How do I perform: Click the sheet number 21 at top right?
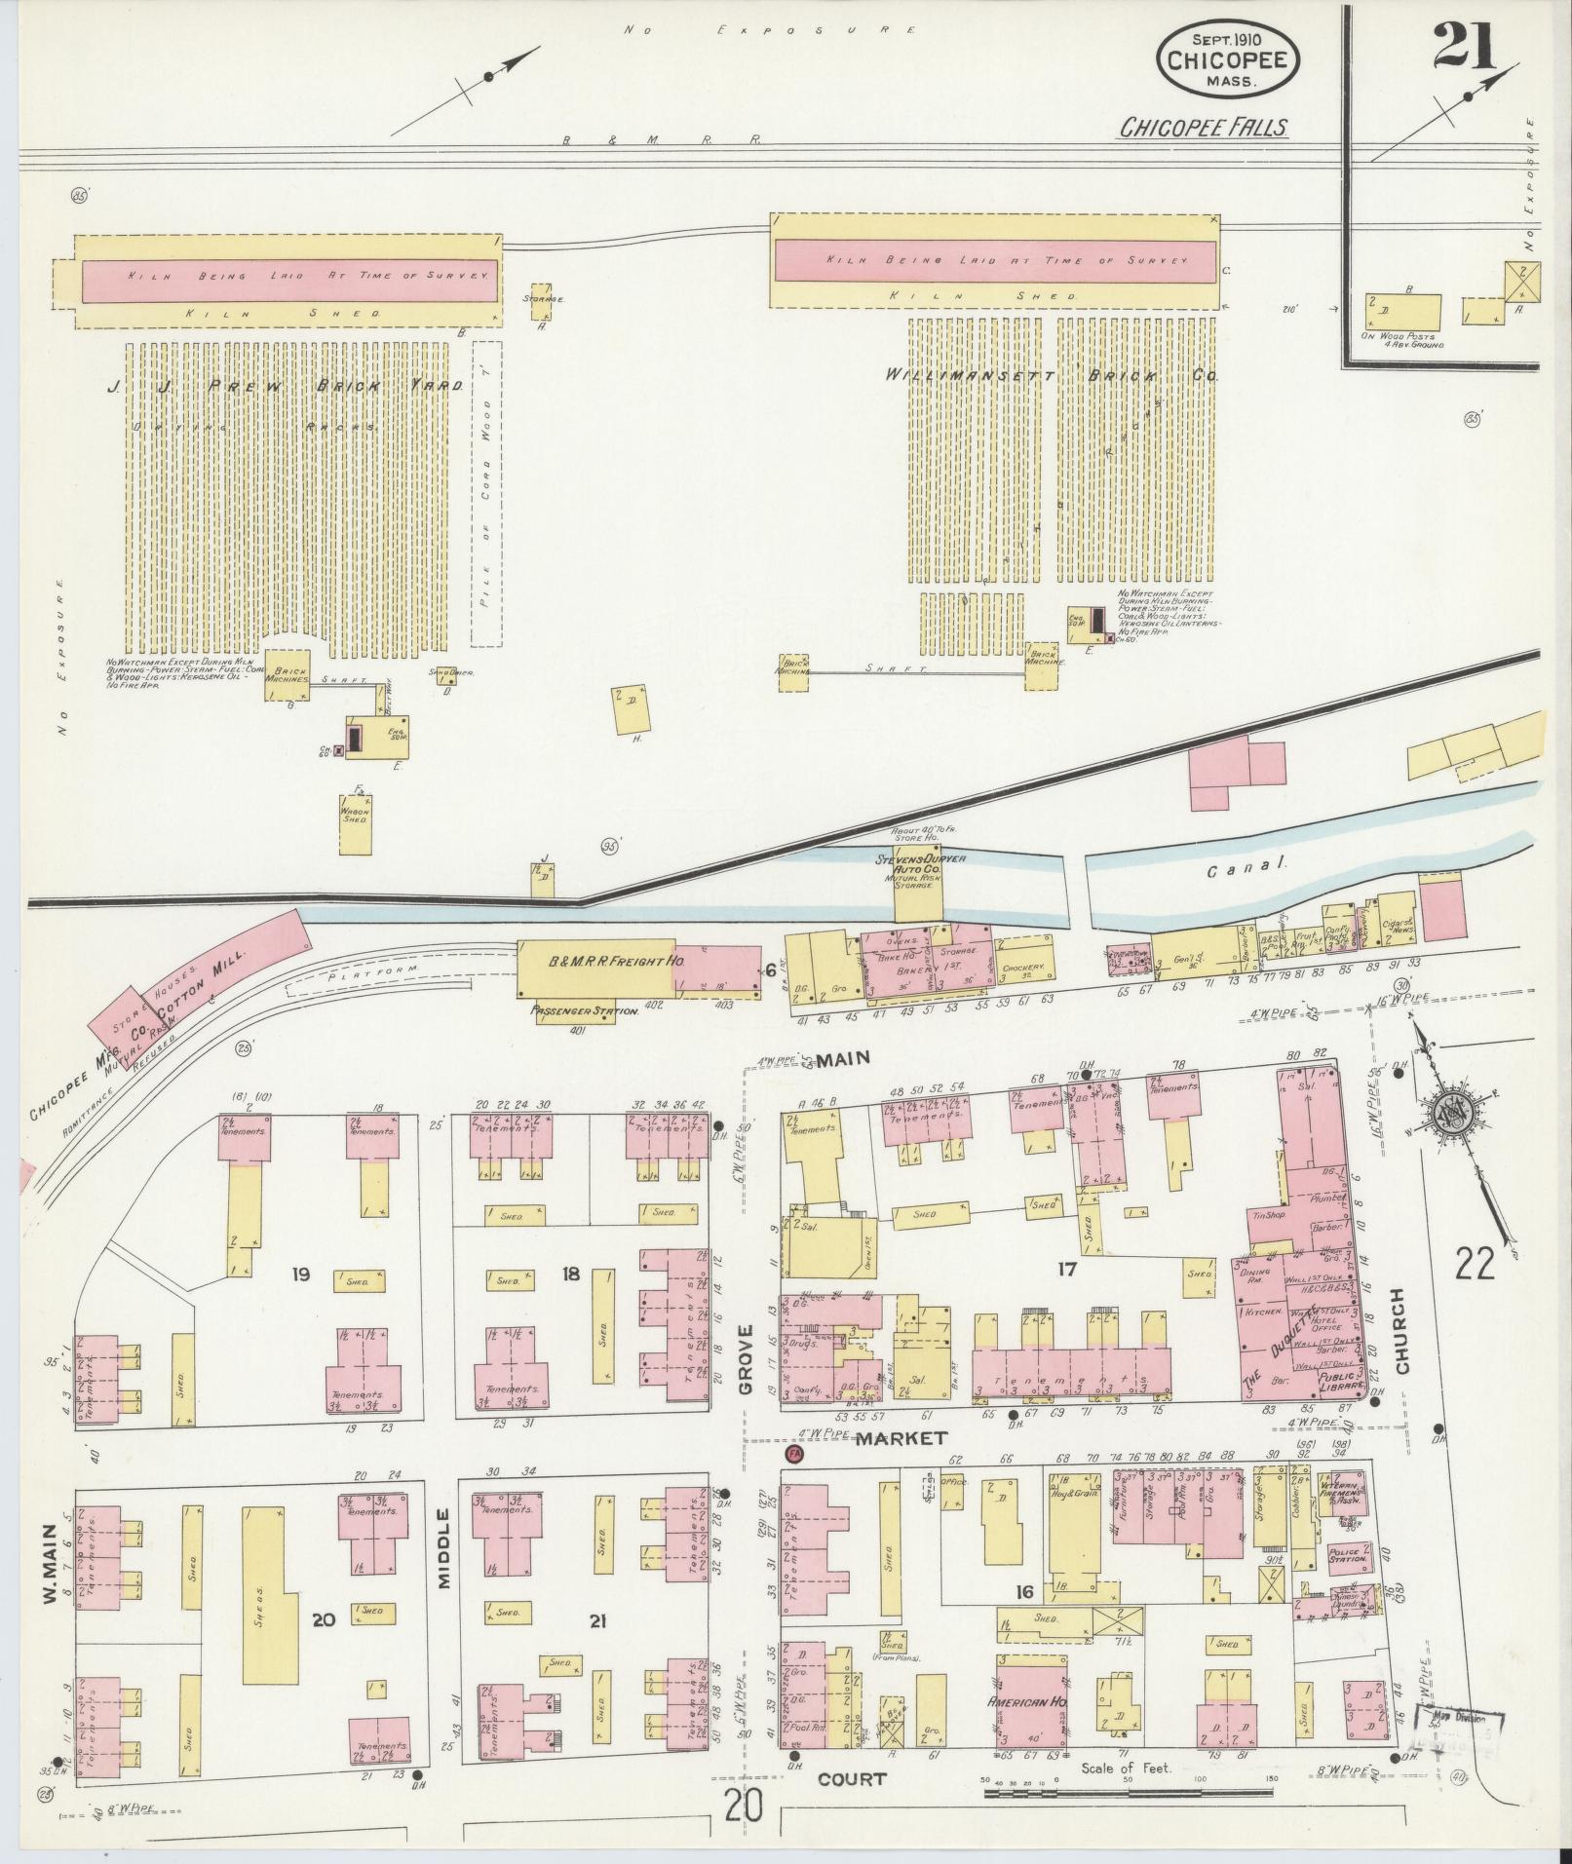click(1465, 46)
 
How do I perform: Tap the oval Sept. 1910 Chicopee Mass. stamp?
click(1226, 58)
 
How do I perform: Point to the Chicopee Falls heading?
click(1203, 128)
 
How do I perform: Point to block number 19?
click(300, 1274)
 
